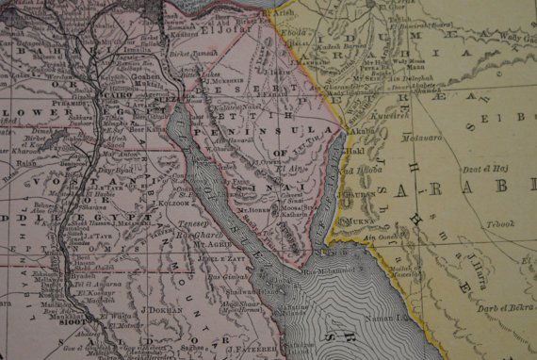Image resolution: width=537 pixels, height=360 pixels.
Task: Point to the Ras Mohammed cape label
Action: click(320, 274)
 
